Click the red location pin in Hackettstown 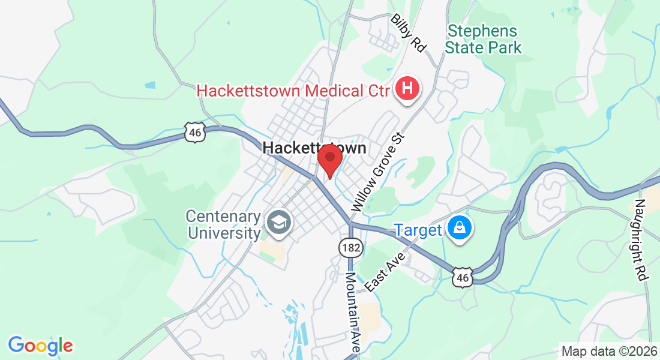click(329, 159)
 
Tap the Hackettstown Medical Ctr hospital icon click(407, 90)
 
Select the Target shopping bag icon click(459, 229)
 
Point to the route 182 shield click(349, 247)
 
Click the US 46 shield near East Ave click(462, 277)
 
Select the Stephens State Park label click(484, 39)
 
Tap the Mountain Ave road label click(352, 312)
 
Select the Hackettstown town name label click(315, 148)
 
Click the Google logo click(40, 346)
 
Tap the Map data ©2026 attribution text click(608, 351)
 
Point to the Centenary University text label click(223, 224)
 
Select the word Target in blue click(418, 229)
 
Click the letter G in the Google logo click(16, 345)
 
